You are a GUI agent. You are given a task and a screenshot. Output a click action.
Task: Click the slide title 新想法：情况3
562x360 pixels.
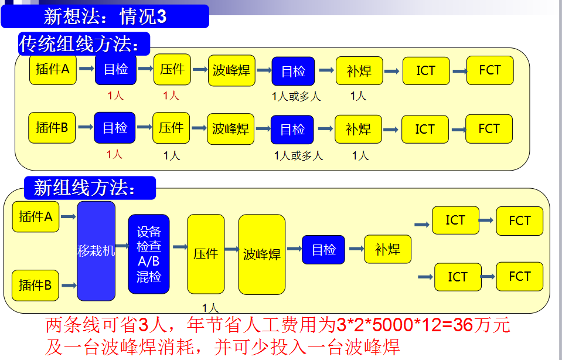coord(105,16)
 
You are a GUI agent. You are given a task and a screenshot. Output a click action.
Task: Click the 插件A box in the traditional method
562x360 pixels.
coord(53,70)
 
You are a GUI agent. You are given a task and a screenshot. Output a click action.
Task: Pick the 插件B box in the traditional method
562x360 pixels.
coord(52,128)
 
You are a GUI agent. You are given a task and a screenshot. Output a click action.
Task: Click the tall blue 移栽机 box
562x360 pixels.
coord(96,252)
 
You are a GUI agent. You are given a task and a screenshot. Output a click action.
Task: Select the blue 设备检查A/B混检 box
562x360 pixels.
coord(149,254)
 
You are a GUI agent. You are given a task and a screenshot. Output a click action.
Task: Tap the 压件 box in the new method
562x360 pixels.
coord(206,254)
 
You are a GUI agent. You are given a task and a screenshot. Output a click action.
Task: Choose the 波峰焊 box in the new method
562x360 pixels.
coord(262,254)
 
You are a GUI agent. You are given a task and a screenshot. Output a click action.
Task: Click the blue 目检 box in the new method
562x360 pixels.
coord(323,250)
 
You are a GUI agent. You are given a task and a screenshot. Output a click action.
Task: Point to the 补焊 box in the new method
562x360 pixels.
coord(387,249)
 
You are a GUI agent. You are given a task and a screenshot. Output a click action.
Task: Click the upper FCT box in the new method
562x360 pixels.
coord(519,221)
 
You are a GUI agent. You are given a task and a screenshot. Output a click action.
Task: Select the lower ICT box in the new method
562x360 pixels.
coord(458,277)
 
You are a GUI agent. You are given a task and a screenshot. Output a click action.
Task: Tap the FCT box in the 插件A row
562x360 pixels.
coord(490,70)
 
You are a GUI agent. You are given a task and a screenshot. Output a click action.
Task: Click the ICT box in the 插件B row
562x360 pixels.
coord(425,129)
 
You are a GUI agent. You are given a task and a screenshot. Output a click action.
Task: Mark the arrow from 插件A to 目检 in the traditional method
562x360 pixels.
coord(86,69)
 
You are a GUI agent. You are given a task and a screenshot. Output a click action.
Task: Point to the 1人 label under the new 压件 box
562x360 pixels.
coord(210,307)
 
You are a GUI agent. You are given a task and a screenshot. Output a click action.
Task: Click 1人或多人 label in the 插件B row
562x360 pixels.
coord(299,156)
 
